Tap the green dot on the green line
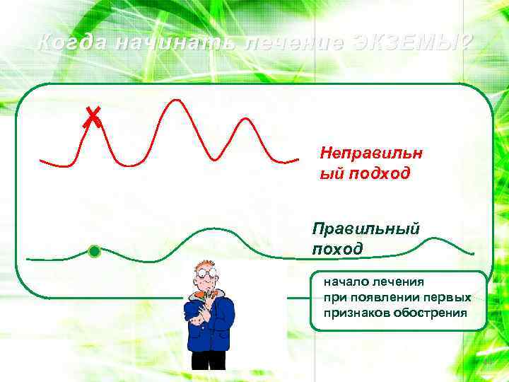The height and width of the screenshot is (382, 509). pyautogui.click(x=94, y=251)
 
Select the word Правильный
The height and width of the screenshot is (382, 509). pyautogui.click(x=366, y=228)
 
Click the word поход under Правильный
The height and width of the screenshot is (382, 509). pyautogui.click(x=337, y=248)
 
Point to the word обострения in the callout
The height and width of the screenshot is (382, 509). pyautogui.click(x=431, y=313)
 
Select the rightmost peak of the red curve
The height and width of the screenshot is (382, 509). pyautogui.click(x=245, y=120)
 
